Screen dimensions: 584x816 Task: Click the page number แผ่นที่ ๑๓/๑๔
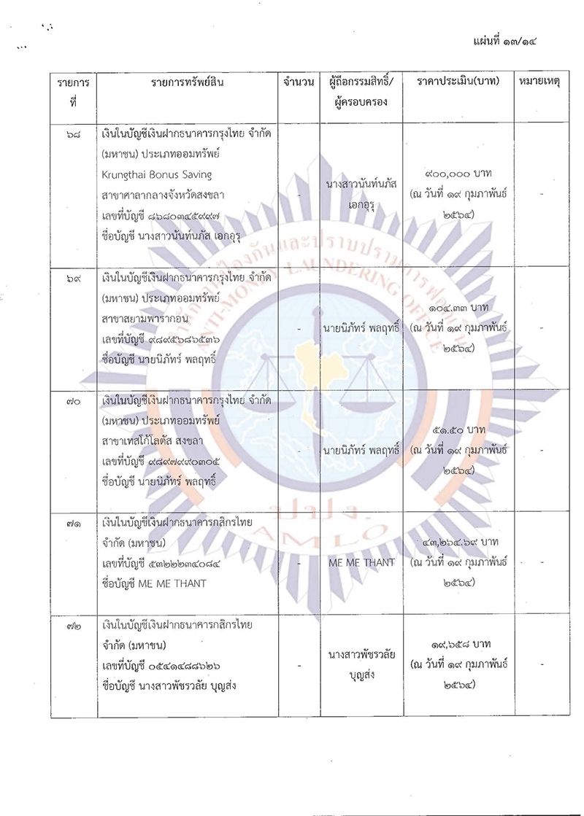pos(510,42)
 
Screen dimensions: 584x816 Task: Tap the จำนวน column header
pos(296,82)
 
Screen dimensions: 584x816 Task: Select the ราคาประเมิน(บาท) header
pos(458,82)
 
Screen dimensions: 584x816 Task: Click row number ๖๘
pos(72,139)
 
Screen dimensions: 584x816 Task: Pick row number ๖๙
pos(72,281)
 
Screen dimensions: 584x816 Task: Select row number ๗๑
pos(72,525)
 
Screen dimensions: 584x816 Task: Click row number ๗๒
pos(72,626)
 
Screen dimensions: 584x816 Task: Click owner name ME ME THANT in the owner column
pos(362,562)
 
